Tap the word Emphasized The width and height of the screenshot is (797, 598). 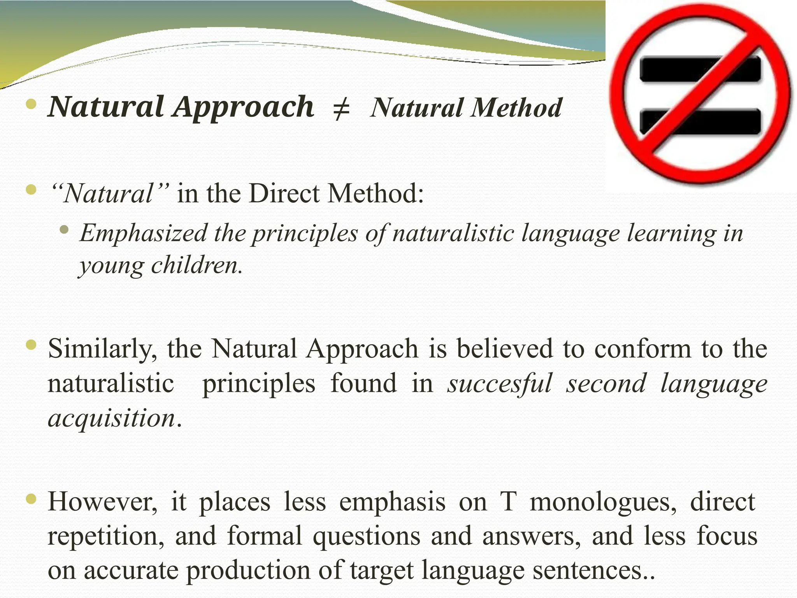pyautogui.click(x=143, y=234)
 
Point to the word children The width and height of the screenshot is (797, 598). pyautogui.click(x=197, y=266)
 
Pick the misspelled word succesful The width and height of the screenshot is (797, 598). pyautogui.click(x=499, y=383)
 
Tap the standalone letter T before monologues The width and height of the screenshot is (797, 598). pyautogui.click(x=508, y=502)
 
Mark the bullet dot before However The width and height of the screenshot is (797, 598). pyautogui.click(x=31, y=498)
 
